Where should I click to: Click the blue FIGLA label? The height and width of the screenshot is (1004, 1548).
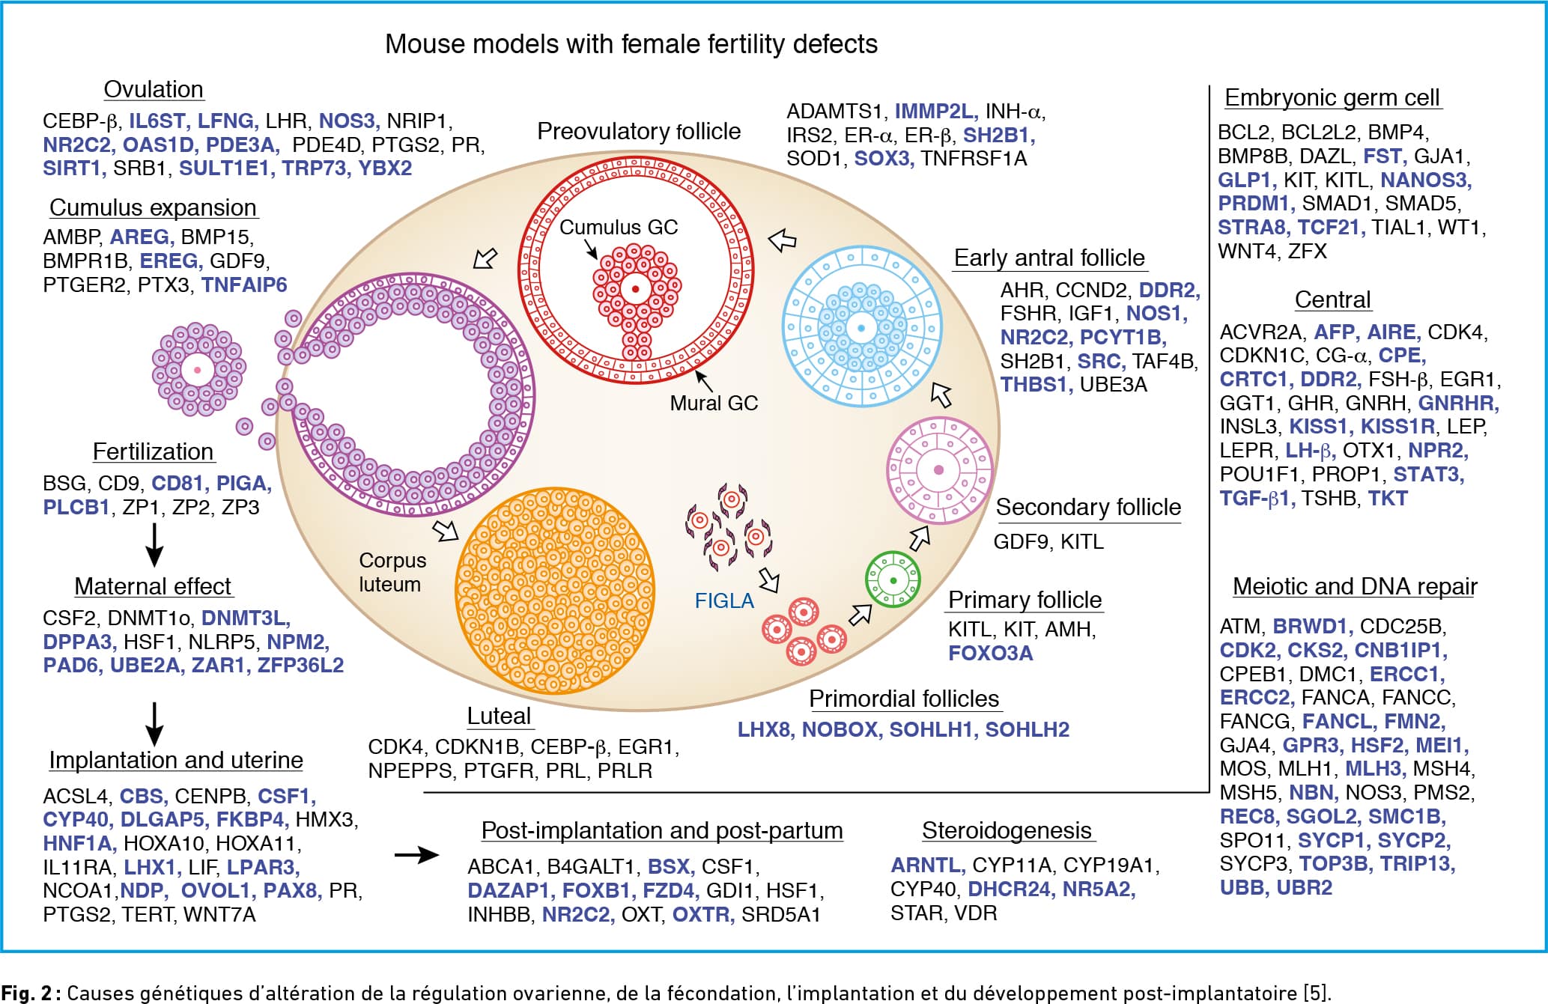(x=724, y=601)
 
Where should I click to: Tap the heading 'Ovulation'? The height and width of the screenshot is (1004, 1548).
(x=154, y=89)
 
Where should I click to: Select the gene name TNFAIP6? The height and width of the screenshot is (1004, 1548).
(x=244, y=285)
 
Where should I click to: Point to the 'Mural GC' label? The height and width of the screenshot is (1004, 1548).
(x=714, y=403)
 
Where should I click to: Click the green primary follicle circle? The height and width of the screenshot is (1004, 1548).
(x=893, y=580)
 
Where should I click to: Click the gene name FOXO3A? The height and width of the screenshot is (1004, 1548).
(x=990, y=653)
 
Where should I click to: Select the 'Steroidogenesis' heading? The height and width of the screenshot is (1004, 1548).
(x=1007, y=830)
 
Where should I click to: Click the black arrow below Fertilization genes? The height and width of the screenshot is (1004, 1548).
(x=154, y=545)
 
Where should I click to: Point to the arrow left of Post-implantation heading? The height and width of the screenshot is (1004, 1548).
(x=416, y=854)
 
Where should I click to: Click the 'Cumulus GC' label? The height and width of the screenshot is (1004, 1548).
(x=619, y=227)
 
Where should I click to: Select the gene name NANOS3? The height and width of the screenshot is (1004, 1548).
(x=1426, y=180)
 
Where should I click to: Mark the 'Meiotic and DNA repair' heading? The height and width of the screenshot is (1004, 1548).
(x=1355, y=586)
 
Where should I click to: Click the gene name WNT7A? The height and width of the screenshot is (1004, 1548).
(x=219, y=915)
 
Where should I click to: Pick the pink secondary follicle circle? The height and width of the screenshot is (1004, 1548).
(x=939, y=470)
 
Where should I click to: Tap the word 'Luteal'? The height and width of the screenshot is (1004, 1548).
(x=499, y=716)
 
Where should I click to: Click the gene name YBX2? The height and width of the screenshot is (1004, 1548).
(x=385, y=168)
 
